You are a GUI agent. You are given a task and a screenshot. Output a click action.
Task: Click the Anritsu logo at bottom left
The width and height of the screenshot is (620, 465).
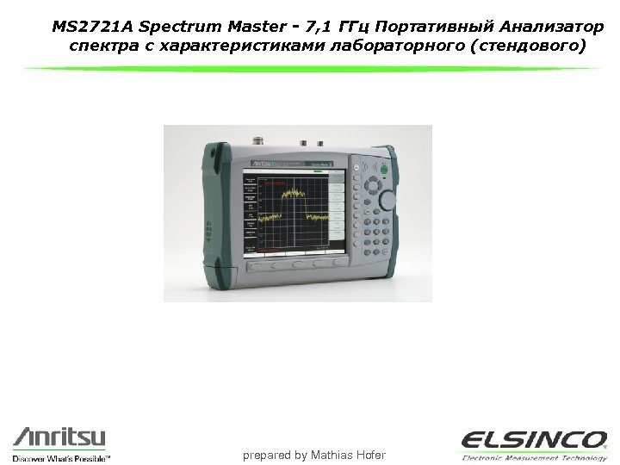tap(58, 437)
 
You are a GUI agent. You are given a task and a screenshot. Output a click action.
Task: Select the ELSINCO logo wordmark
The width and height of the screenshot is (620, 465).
tap(533, 440)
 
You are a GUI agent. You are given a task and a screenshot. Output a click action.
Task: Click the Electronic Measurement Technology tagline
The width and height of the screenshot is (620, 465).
tap(534, 456)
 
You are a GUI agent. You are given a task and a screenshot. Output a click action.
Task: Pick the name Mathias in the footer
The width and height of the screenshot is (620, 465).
tap(332, 454)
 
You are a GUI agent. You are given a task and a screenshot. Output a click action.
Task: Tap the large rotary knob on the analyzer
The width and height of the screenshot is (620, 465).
tap(388, 201)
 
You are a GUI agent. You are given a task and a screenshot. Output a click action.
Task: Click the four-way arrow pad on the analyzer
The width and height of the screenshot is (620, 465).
tap(373, 185)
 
